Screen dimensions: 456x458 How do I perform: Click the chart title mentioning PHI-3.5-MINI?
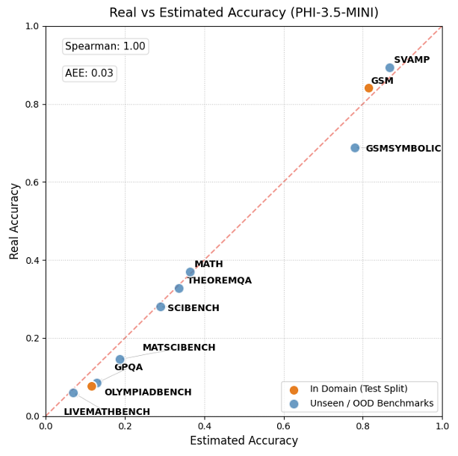244,13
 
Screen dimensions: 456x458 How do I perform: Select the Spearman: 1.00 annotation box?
105,46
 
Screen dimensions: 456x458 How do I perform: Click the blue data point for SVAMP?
389,68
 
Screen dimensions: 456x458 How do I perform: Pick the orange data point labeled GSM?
368,88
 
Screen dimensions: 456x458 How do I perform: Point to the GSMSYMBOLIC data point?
355,148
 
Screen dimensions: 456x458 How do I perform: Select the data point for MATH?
190,272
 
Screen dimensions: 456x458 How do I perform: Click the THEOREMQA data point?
179,289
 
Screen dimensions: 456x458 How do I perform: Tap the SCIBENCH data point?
161,306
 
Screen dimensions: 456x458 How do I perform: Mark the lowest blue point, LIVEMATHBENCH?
73,392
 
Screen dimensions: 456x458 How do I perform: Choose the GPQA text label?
128,367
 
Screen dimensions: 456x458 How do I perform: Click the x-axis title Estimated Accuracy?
244,441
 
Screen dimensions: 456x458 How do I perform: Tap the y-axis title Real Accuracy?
14,221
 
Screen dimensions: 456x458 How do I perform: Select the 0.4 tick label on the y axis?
32,260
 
